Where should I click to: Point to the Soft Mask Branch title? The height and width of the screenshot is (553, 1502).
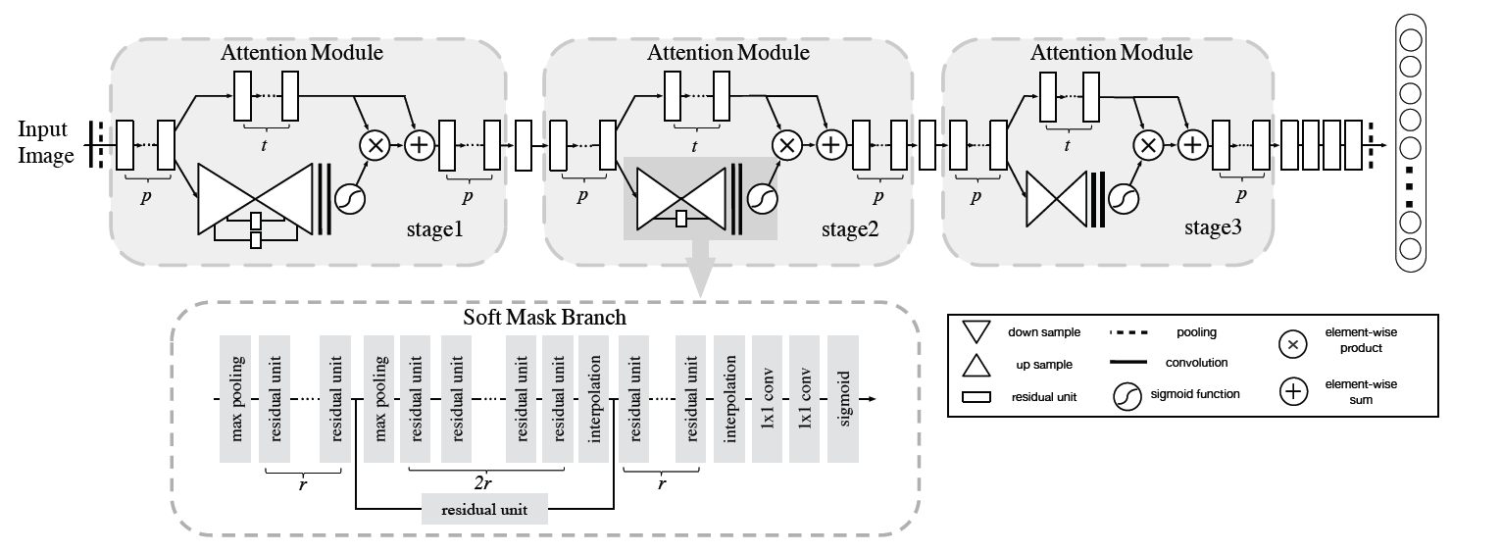coord(545,320)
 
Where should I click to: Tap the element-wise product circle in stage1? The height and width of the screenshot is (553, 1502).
coord(375,146)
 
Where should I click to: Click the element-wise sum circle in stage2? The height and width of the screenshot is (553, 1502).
coord(830,145)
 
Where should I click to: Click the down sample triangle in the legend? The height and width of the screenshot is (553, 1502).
coord(980,333)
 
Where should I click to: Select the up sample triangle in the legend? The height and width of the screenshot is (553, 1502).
coord(980,365)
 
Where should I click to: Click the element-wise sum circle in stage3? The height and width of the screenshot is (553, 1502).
coord(1192,145)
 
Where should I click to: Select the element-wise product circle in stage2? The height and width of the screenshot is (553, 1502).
coord(786,145)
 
